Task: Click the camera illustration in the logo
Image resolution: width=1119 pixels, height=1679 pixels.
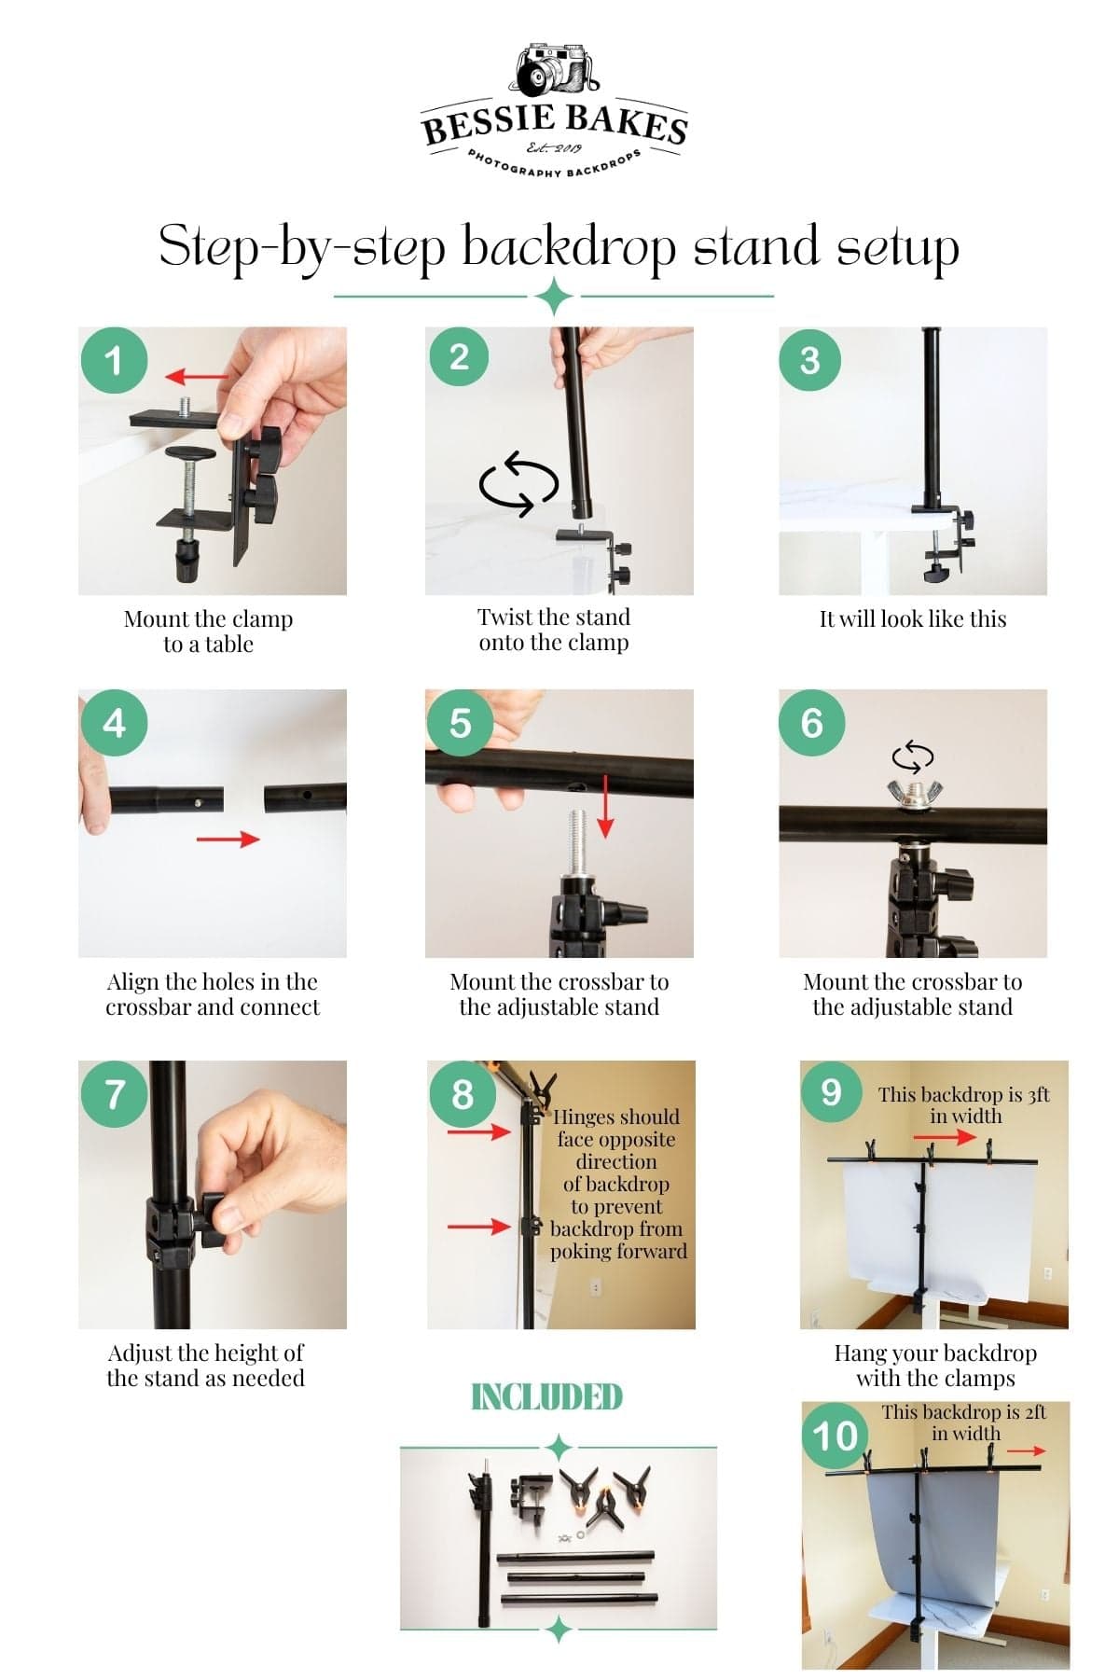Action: pyautogui.click(x=557, y=70)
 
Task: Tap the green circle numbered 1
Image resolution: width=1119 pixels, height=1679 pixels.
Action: pyautogui.click(x=114, y=360)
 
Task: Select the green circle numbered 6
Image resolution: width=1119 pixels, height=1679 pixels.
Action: pyautogui.click(x=811, y=723)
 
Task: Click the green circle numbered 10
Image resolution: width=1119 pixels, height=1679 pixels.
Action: pyautogui.click(x=835, y=1436)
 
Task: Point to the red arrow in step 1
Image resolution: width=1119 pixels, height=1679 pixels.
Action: pyautogui.click(x=197, y=377)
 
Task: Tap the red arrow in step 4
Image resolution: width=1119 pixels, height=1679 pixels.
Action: pyautogui.click(x=228, y=839)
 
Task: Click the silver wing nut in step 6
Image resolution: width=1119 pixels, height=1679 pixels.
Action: pyautogui.click(x=912, y=791)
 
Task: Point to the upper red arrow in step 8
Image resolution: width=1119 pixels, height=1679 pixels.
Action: pyautogui.click(x=479, y=1132)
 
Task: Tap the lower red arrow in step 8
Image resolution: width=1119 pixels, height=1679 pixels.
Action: pyautogui.click(x=479, y=1227)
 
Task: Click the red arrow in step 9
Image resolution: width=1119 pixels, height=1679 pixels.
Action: pyautogui.click(x=945, y=1137)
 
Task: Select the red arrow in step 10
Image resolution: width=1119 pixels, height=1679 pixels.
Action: pyautogui.click(x=1027, y=1450)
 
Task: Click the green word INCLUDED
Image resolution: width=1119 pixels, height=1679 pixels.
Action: pyautogui.click(x=546, y=1397)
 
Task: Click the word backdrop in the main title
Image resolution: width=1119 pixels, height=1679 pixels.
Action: pyautogui.click(x=569, y=246)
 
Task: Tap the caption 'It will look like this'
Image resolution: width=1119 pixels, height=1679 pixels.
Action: pyautogui.click(x=913, y=618)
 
